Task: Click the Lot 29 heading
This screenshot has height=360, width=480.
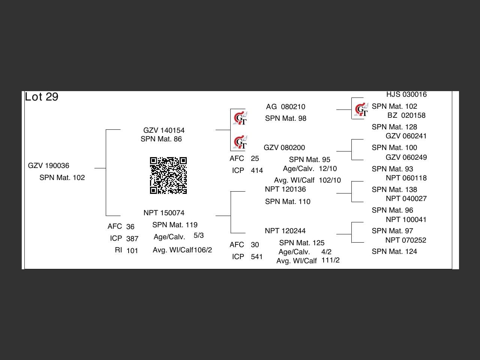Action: pos(42,97)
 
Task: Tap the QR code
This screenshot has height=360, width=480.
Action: pos(168,175)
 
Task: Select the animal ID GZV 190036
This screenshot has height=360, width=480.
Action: pos(49,166)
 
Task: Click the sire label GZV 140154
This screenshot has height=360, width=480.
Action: pos(164,130)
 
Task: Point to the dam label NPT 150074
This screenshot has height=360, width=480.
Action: pos(164,213)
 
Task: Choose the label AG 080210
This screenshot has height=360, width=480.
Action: pos(285,107)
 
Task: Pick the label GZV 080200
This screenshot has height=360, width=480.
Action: pos(284,148)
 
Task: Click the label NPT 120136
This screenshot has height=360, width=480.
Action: pos(285,189)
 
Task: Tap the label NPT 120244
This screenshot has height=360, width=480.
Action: pos(285,231)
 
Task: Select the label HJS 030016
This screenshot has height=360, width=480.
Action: pos(406,94)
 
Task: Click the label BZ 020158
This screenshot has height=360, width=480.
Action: pos(406,115)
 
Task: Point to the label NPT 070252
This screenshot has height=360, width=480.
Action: pos(406,240)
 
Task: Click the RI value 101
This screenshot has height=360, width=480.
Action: pos(132,250)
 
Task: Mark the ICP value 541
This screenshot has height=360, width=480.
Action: pos(256,257)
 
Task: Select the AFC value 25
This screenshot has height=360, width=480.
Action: pos(255,159)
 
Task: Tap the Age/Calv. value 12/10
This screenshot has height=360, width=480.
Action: pos(328,169)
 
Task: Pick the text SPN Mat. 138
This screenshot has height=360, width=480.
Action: pos(394,190)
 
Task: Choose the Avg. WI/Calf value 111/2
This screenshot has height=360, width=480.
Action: pos(330,260)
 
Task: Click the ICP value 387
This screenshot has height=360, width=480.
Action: pos(132,239)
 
